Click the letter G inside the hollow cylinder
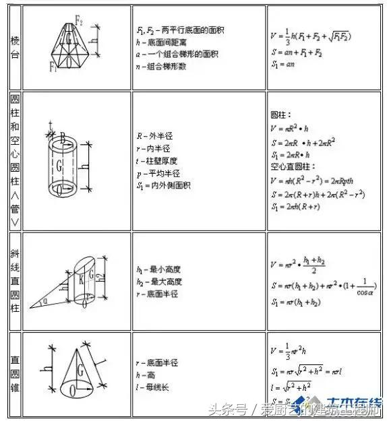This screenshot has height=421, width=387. click(x=60, y=163)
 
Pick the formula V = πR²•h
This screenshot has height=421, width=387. click(x=291, y=127)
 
